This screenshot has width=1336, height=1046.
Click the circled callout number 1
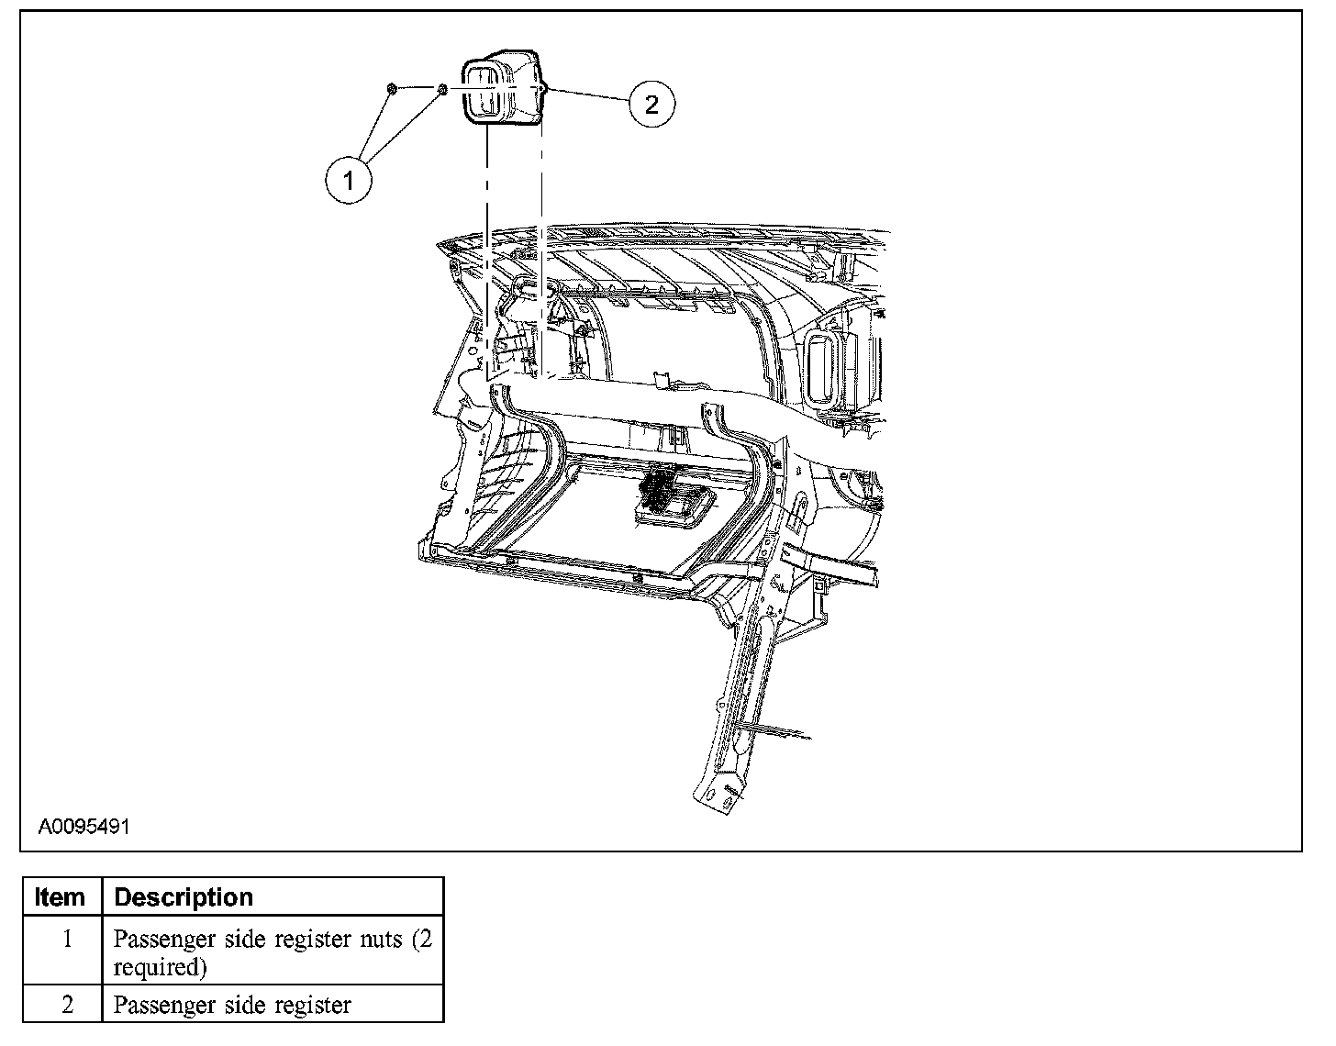click(349, 180)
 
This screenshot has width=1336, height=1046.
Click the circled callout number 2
click(651, 104)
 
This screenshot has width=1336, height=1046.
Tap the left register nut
click(391, 88)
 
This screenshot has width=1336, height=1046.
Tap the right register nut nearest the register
click(441, 89)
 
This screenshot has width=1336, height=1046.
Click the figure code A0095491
click(83, 826)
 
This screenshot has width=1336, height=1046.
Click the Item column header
click(60, 896)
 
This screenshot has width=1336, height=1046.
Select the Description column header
click(184, 896)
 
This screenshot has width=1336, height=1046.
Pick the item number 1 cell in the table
click(66, 940)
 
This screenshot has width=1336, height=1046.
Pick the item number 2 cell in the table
click(66, 1004)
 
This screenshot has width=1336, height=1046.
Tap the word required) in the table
click(160, 967)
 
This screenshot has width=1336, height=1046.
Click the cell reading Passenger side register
click(232, 1005)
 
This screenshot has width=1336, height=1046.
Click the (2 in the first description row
click(421, 940)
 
